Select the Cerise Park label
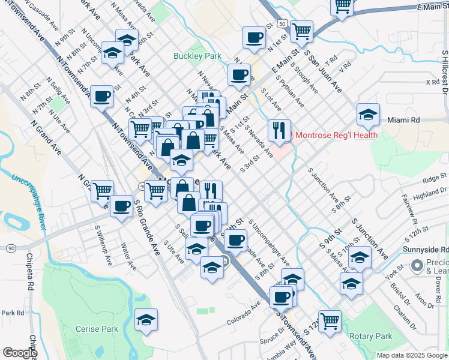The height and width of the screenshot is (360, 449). pyautogui.click(x=97, y=329)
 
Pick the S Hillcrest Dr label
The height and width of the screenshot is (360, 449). pyautogui.click(x=445, y=73)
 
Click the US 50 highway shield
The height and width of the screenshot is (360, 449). pyautogui.click(x=281, y=23)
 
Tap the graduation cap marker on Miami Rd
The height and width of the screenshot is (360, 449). pyautogui.click(x=368, y=114)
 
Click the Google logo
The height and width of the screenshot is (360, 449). pyautogui.click(x=20, y=353)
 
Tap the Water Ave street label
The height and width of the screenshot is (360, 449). pyautogui.click(x=125, y=254)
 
